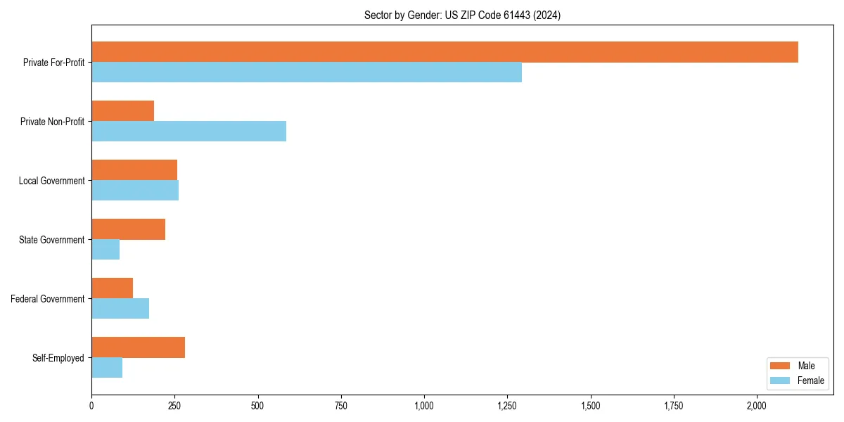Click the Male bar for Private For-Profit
coord(445,52)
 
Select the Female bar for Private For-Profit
coord(307,72)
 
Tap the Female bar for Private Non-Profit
coord(188,132)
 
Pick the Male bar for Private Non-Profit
coord(122,111)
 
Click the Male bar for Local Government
coord(134,170)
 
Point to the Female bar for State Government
coord(105,250)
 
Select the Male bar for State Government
coord(128,229)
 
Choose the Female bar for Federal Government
coord(120,309)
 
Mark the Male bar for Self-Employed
coord(138,347)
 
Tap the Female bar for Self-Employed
coord(107,368)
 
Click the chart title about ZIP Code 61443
coord(462,15)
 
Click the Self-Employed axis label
coord(58,358)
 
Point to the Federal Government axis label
coord(48,299)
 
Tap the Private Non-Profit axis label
coord(52,122)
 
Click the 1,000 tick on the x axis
coord(424,406)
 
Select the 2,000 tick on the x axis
coord(757,406)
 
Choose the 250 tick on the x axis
coord(174,406)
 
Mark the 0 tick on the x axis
coord(91,406)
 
